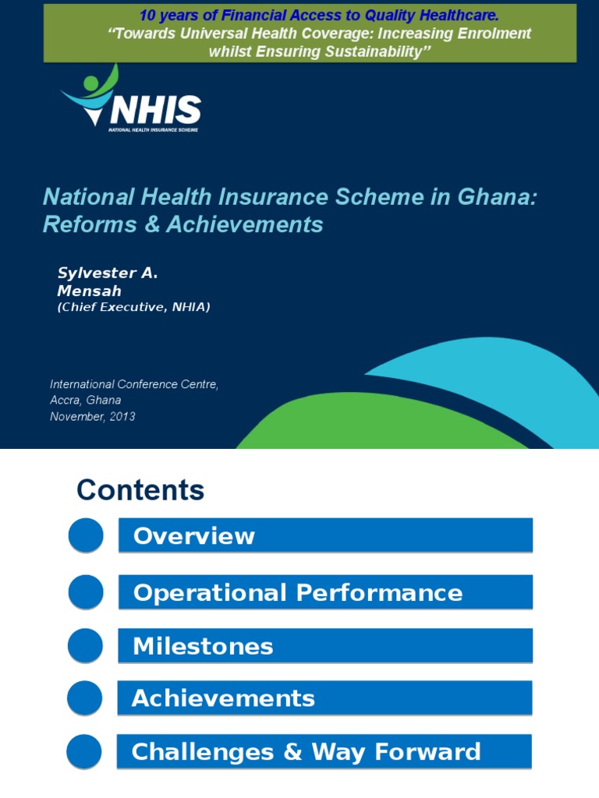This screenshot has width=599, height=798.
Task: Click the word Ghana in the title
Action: point(498,196)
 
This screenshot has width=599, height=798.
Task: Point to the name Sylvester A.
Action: point(108,273)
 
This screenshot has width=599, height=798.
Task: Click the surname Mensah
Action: point(89,291)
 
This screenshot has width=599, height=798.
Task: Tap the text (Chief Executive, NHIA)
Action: point(133,307)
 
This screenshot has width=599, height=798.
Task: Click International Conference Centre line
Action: point(134,384)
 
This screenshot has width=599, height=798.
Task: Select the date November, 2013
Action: point(92,417)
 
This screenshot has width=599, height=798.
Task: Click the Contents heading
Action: point(140,491)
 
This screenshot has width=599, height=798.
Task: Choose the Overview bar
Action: point(325,536)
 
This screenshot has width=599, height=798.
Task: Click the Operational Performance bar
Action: point(325,593)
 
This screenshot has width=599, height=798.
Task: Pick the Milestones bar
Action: point(325,646)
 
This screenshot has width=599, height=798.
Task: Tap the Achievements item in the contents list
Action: point(325,698)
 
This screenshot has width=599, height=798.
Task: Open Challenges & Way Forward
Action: point(325,751)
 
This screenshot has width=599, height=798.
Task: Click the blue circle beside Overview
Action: point(86,536)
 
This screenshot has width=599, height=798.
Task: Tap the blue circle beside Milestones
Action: point(86,646)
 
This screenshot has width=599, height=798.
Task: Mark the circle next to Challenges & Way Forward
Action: point(85,751)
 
